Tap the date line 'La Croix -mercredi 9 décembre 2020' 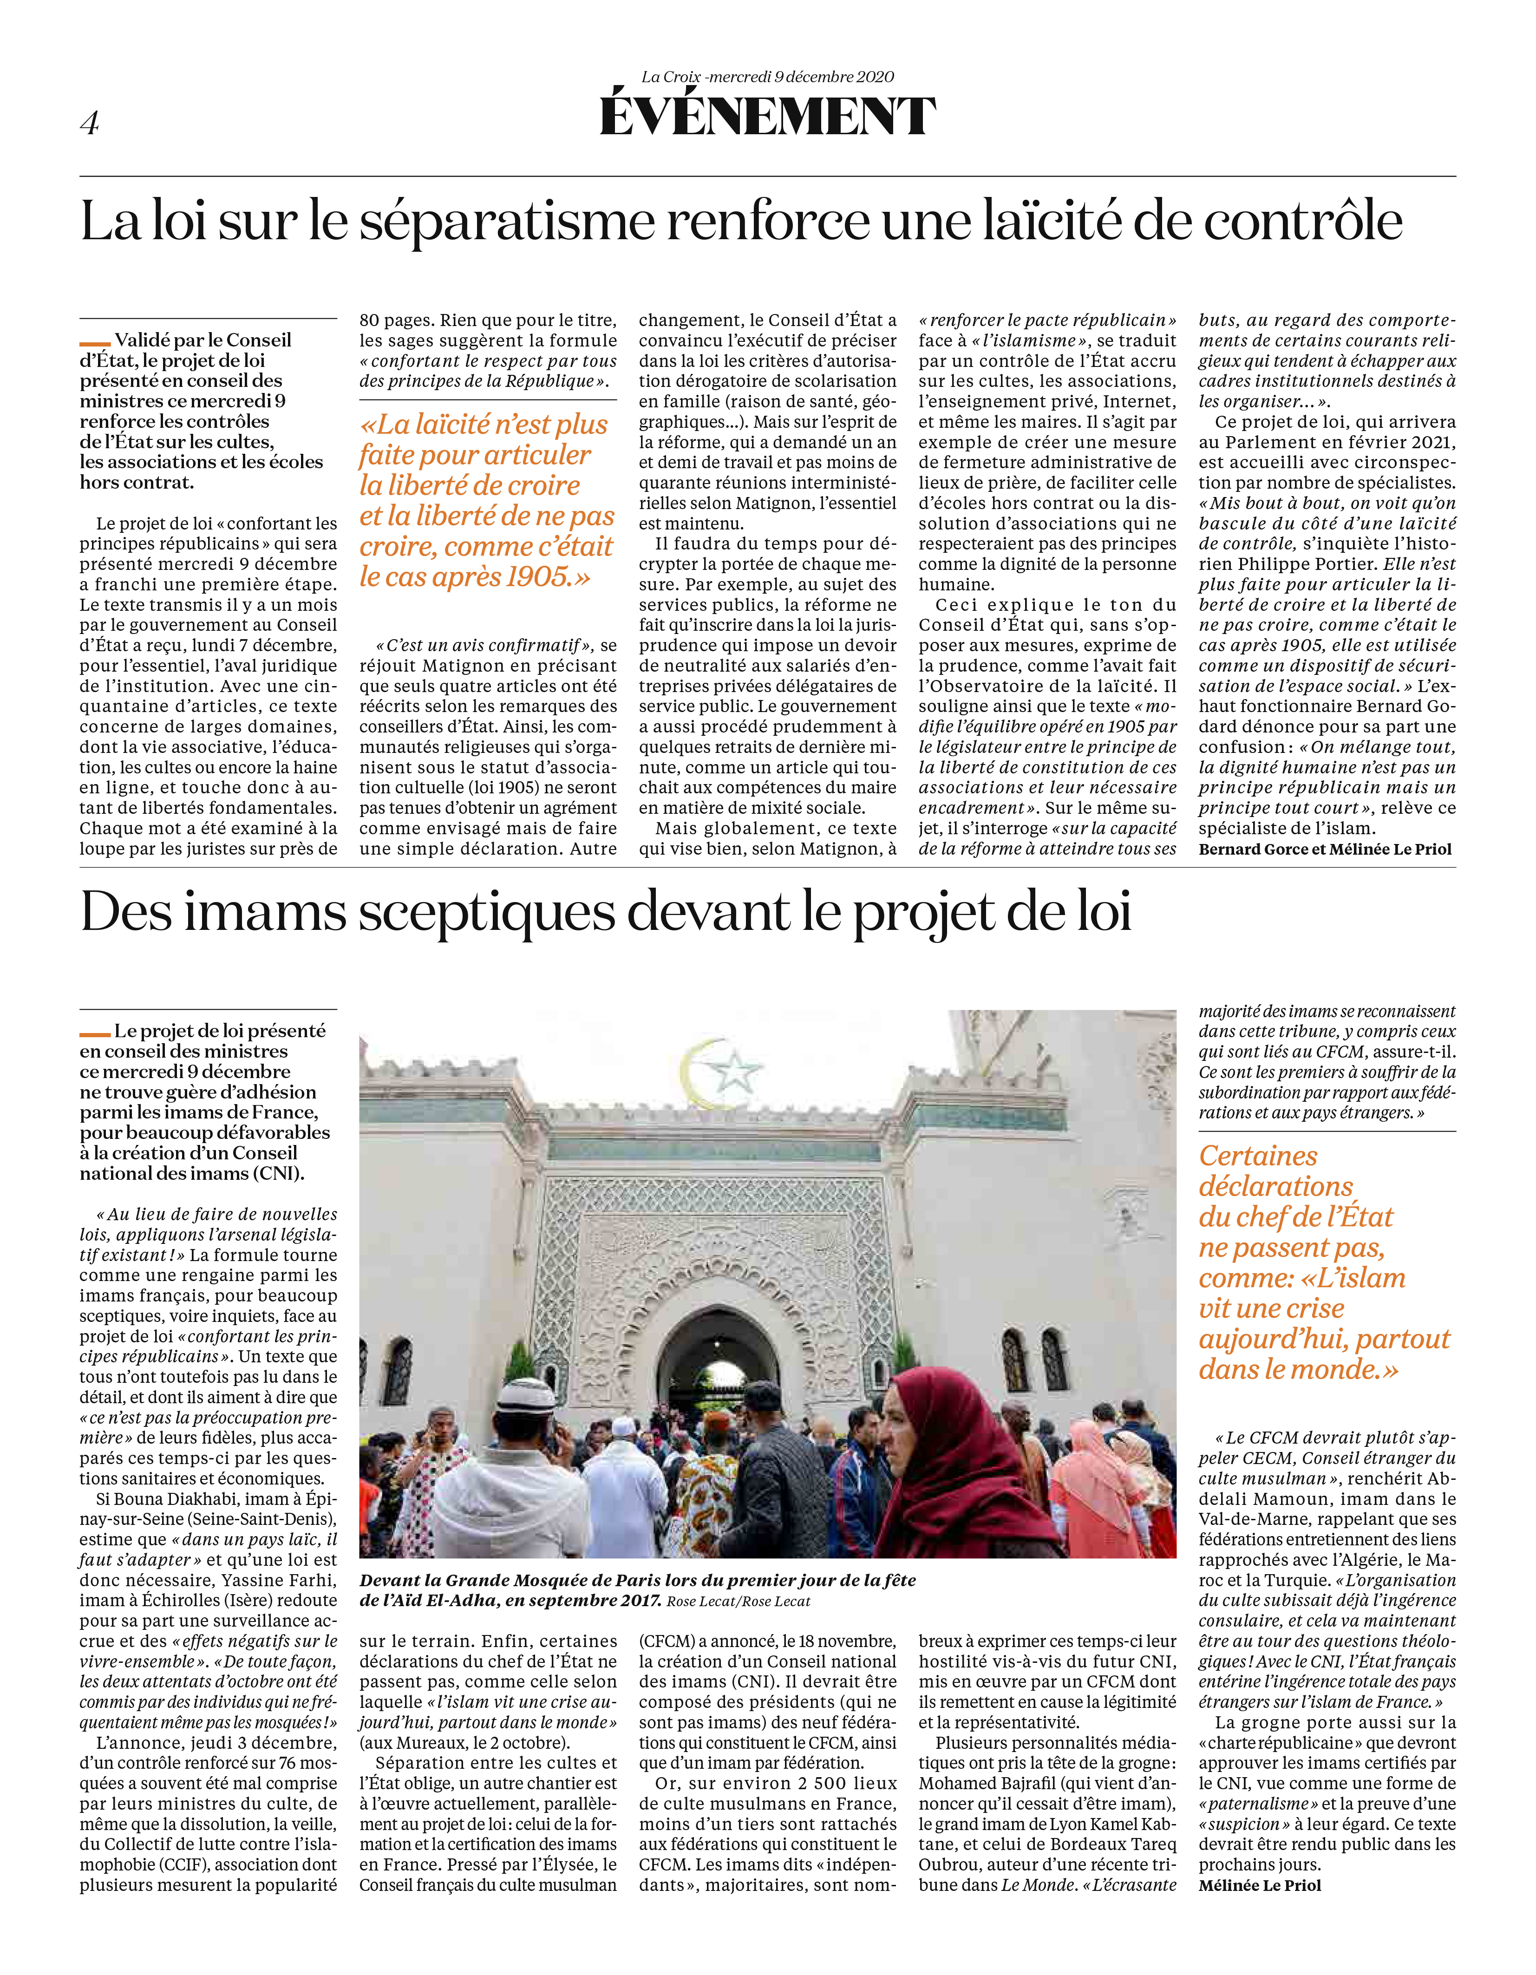click(768, 77)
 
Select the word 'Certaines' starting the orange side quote click(1257, 1157)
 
